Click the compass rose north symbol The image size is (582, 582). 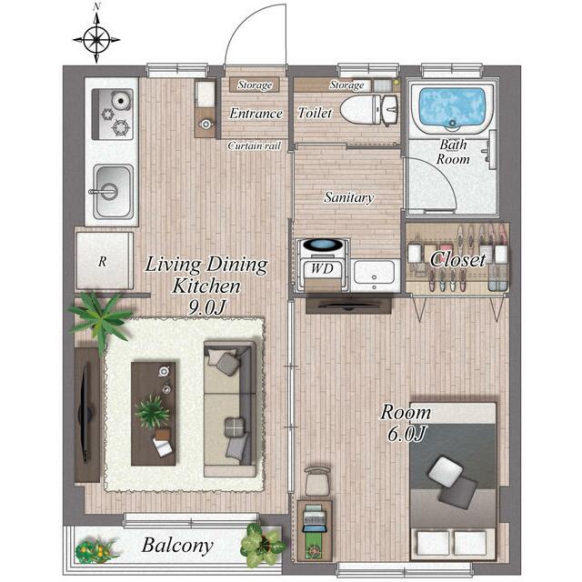tap(96, 38)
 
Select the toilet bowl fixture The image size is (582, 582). tap(361, 110)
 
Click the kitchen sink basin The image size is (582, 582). tap(113, 192)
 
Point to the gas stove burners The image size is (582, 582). tap(113, 114)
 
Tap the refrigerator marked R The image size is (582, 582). tap(105, 261)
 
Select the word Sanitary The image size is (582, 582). tap(348, 197)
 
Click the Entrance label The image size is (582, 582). tap(256, 113)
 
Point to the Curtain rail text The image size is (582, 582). tap(255, 145)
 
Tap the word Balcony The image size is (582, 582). tap(177, 546)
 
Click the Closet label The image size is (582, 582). tap(457, 259)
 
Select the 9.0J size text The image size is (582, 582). tap(206, 307)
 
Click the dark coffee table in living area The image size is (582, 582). tap(154, 414)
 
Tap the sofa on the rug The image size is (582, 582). tap(230, 409)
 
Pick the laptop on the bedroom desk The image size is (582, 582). tap(315, 517)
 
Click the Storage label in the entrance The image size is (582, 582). tap(255, 85)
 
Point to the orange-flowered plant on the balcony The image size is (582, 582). tap(95, 550)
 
